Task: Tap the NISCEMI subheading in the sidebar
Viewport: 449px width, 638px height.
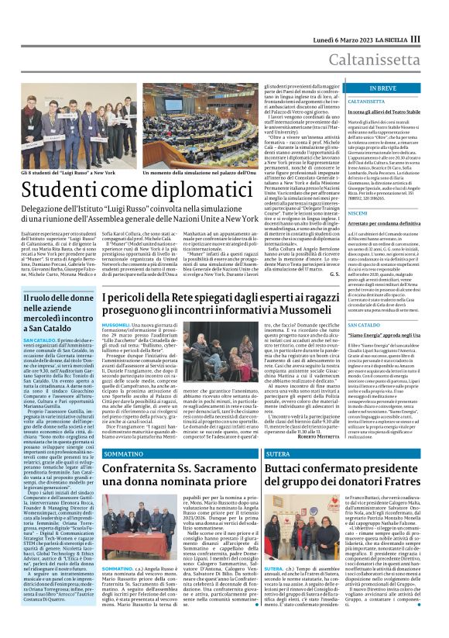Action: tap(359, 212)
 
